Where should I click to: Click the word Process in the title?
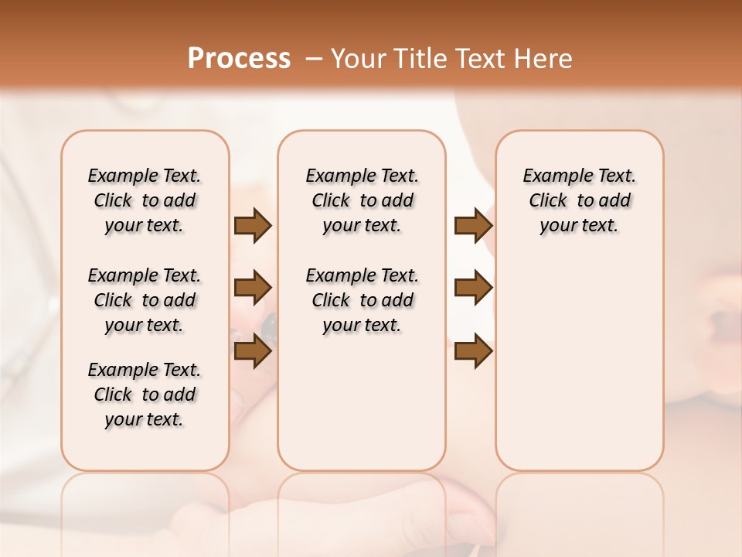point(239,58)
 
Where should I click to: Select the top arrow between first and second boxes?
point(252,225)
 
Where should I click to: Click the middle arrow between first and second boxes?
point(252,288)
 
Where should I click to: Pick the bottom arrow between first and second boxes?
point(252,350)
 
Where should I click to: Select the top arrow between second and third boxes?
point(473,225)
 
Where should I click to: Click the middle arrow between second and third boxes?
point(473,288)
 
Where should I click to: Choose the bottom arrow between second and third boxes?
point(473,350)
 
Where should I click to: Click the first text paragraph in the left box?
point(145,200)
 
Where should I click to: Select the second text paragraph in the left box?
point(145,300)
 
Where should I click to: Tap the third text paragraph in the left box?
point(145,395)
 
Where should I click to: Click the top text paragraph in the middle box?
point(362,200)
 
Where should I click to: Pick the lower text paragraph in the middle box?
point(362,300)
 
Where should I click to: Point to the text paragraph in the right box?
point(579,200)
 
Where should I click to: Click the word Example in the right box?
point(551,176)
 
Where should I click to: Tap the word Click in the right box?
point(548,201)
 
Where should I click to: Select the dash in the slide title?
point(314,59)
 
